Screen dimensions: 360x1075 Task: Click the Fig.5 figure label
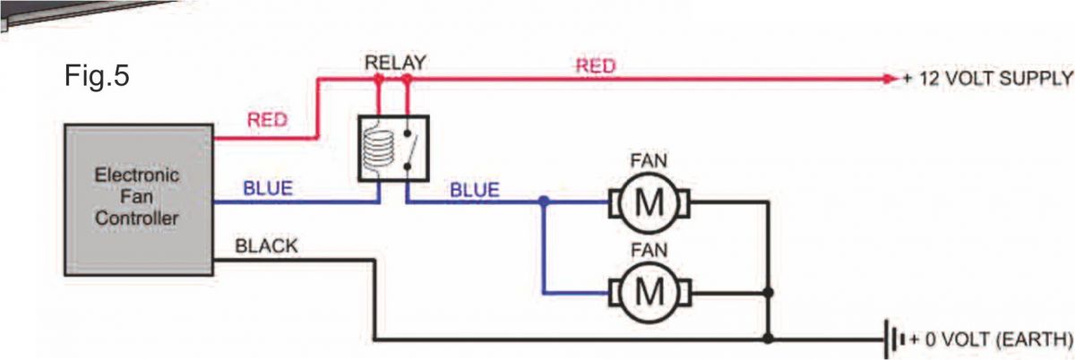pos(98,76)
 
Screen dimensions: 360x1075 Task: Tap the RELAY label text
pos(395,63)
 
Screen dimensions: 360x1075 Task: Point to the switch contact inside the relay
pos(409,148)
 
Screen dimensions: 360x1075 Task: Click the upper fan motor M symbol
pos(649,203)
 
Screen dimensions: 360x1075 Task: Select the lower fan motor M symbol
pos(649,291)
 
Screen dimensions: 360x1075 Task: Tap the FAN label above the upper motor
pos(649,162)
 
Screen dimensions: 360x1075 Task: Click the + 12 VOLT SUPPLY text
pos(986,79)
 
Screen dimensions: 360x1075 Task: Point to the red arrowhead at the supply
pos(889,79)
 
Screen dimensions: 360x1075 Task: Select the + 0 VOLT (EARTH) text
pos(989,340)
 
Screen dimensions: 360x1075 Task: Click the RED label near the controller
pos(266,121)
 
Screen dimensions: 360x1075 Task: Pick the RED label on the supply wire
pos(594,64)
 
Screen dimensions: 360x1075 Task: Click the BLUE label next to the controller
pos(268,190)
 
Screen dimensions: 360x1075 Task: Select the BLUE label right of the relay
pos(475,190)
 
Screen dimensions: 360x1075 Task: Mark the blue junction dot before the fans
pos(543,202)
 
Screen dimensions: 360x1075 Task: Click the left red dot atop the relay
pos(379,79)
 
